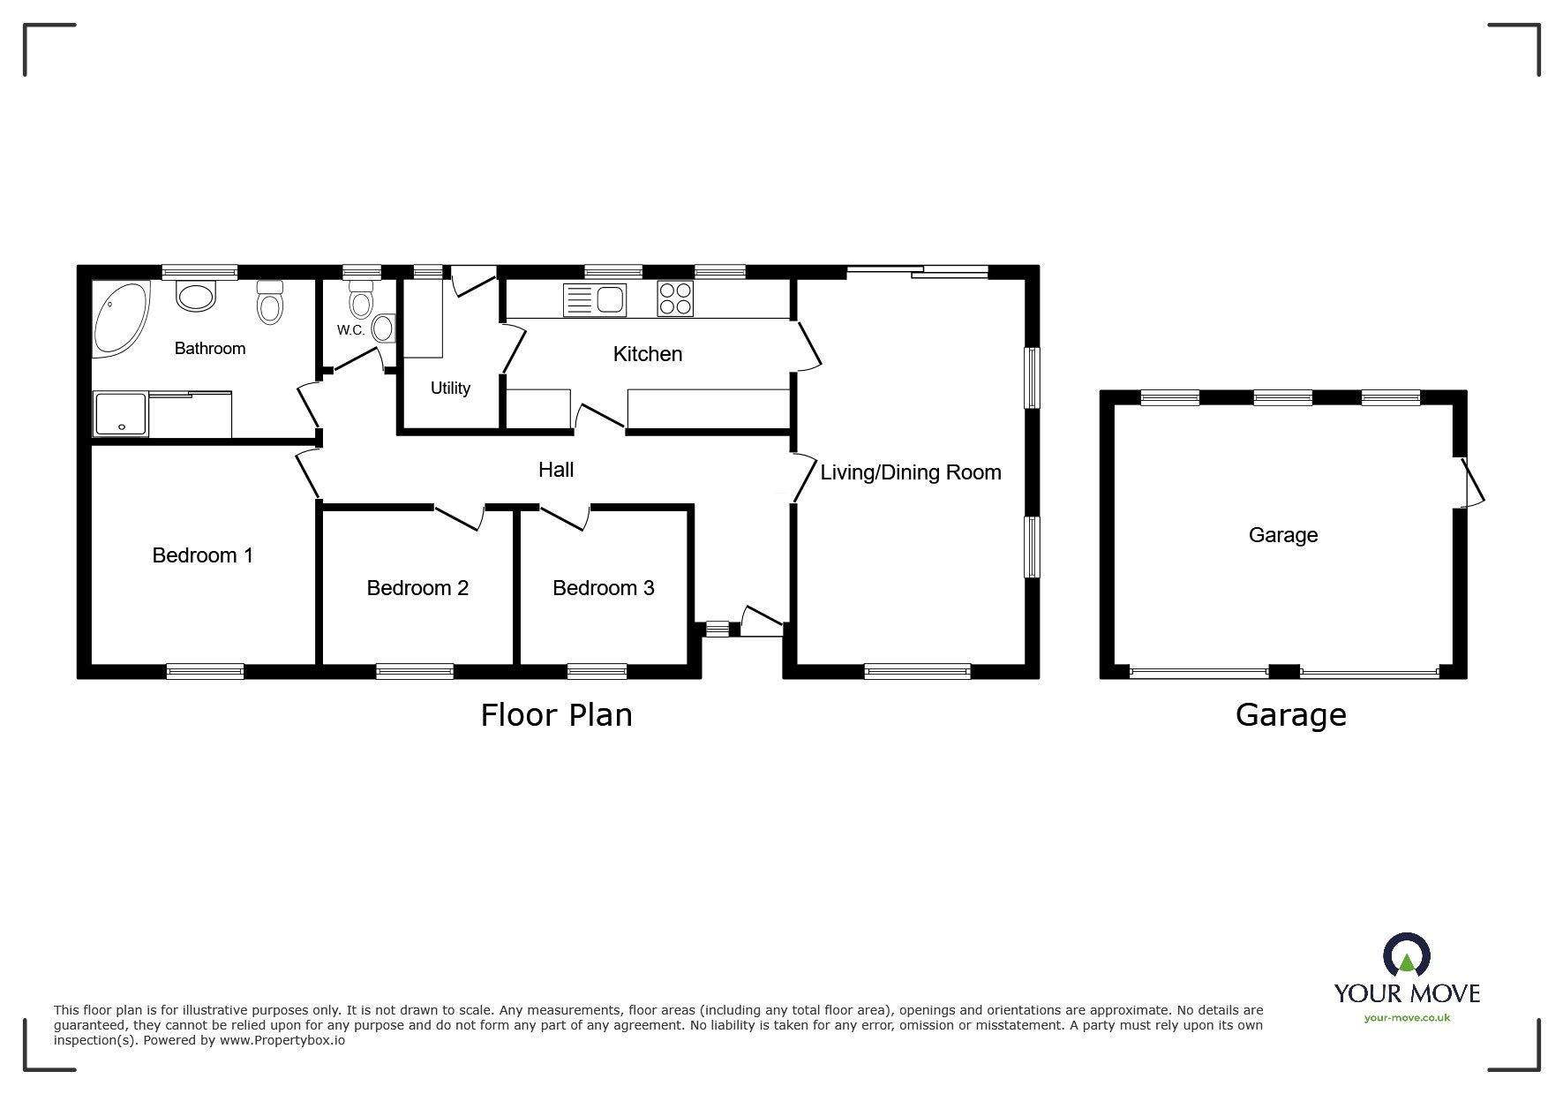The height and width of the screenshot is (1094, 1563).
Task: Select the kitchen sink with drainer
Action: pos(594,300)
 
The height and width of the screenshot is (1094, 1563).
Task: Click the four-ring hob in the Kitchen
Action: pos(675,298)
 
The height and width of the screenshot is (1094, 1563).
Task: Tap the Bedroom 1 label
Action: pos(203,555)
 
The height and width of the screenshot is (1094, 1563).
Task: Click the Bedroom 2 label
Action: pos(417,588)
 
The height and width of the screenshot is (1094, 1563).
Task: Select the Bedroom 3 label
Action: pos(604,588)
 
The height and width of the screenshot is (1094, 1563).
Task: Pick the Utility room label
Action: pos(450,389)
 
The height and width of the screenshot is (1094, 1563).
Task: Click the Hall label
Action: pos(556,470)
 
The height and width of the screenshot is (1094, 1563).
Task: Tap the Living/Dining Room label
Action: pos(911,472)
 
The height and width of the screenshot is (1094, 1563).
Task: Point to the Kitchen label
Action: pos(648,354)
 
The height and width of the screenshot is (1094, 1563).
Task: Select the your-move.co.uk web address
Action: pos(1407,1018)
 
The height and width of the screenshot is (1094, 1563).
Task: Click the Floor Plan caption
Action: pos(557,715)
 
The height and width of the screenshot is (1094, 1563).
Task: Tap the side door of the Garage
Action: pos(1471,482)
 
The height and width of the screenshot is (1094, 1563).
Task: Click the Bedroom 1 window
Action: pos(205,671)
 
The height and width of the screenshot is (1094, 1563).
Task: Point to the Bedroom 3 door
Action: pos(565,517)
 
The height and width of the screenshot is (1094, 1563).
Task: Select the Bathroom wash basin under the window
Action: pos(196,296)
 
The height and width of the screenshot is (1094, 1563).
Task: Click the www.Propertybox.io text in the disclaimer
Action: pos(282,1041)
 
